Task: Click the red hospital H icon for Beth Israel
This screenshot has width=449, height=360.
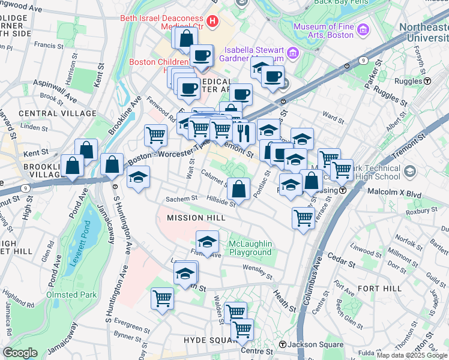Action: click(x=211, y=22)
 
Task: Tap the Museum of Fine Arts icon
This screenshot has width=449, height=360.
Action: click(x=363, y=29)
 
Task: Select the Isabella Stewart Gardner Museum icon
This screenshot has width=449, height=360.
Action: click(x=292, y=53)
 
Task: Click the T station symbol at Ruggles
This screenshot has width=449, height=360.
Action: click(x=427, y=80)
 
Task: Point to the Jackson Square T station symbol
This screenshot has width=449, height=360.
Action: click(x=283, y=344)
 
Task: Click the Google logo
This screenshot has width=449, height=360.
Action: click(x=20, y=353)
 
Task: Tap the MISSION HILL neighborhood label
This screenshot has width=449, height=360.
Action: click(x=188, y=218)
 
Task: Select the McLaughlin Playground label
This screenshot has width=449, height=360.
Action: click(x=250, y=248)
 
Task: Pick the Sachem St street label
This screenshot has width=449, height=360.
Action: click(x=182, y=198)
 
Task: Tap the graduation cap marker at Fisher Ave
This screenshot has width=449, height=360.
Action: click(x=208, y=242)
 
